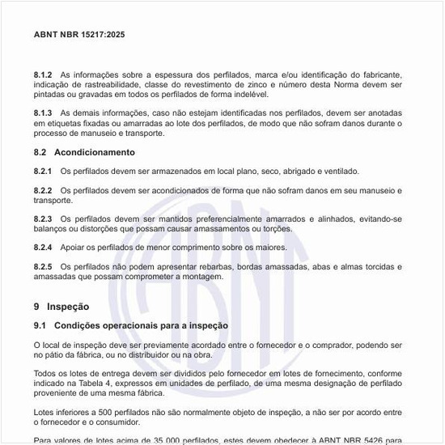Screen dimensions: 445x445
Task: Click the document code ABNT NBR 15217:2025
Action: click(x=79, y=35)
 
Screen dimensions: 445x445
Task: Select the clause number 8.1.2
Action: click(x=43, y=74)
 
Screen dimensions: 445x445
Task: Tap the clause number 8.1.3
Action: click(x=43, y=112)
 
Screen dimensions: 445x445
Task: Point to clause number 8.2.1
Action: click(x=43, y=172)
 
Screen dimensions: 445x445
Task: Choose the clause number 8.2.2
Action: click(x=43, y=190)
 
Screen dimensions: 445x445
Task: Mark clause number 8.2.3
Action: click(x=43, y=218)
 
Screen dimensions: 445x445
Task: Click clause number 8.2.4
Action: click(x=43, y=247)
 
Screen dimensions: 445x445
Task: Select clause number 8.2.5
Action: click(x=43, y=266)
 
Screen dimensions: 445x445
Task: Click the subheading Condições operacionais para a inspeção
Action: click(x=141, y=325)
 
